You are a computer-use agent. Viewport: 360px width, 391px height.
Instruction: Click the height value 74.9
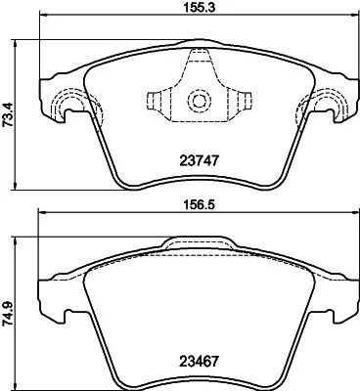click(x=8, y=314)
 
